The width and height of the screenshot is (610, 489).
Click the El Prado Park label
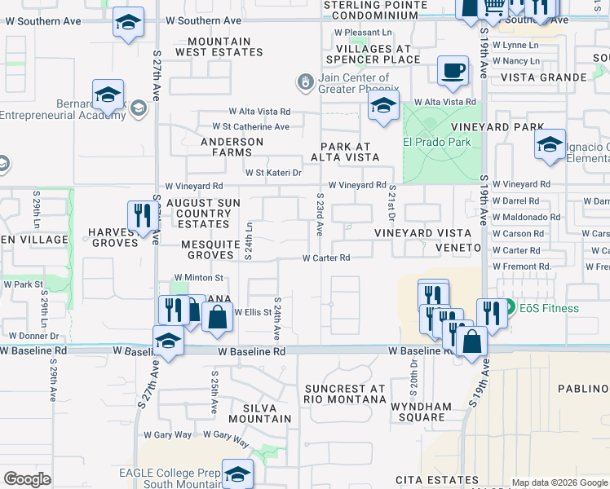pyautogui.click(x=437, y=141)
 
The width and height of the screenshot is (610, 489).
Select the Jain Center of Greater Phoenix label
pyautogui.click(x=359, y=83)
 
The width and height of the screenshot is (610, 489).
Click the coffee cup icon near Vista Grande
pyautogui.click(x=453, y=70)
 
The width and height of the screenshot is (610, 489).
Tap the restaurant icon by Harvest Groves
pyautogui.click(x=143, y=216)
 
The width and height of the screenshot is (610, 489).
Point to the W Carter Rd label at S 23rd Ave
pyautogui.click(x=326, y=258)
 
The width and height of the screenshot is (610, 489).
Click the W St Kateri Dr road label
pyautogui.click(x=274, y=173)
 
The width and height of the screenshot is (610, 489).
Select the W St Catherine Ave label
pyautogui.click(x=250, y=126)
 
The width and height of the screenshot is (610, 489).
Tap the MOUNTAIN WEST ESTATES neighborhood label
pyautogui.click(x=225, y=46)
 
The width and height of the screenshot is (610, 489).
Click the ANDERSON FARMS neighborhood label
pyautogui.click(x=238, y=147)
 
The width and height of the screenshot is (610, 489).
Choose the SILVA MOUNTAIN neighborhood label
pyautogui.click(x=261, y=412)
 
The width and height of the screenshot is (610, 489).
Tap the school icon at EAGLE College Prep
pyautogui.click(x=237, y=474)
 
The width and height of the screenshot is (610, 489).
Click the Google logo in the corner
pyautogui.click(x=27, y=479)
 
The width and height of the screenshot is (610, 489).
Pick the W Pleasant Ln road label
pyautogui.click(x=363, y=33)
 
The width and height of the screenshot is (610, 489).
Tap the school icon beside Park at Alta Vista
pyautogui.click(x=383, y=105)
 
